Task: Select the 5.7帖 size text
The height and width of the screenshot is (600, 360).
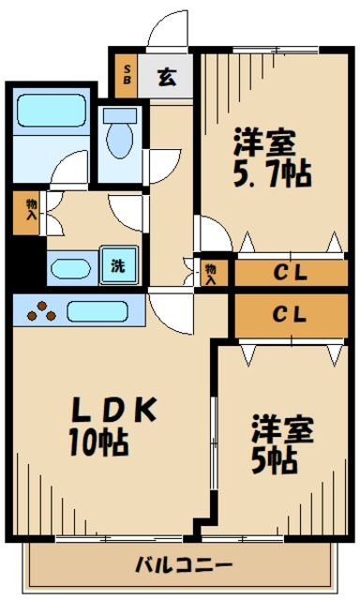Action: click(272, 172)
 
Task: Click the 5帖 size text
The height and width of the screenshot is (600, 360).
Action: click(274, 460)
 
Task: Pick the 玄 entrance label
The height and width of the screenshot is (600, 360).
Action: click(166, 78)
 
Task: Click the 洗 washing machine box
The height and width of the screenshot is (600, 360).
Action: click(118, 264)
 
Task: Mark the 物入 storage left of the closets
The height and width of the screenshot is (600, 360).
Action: click(212, 272)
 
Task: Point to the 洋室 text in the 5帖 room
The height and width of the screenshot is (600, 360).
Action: click(281, 430)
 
